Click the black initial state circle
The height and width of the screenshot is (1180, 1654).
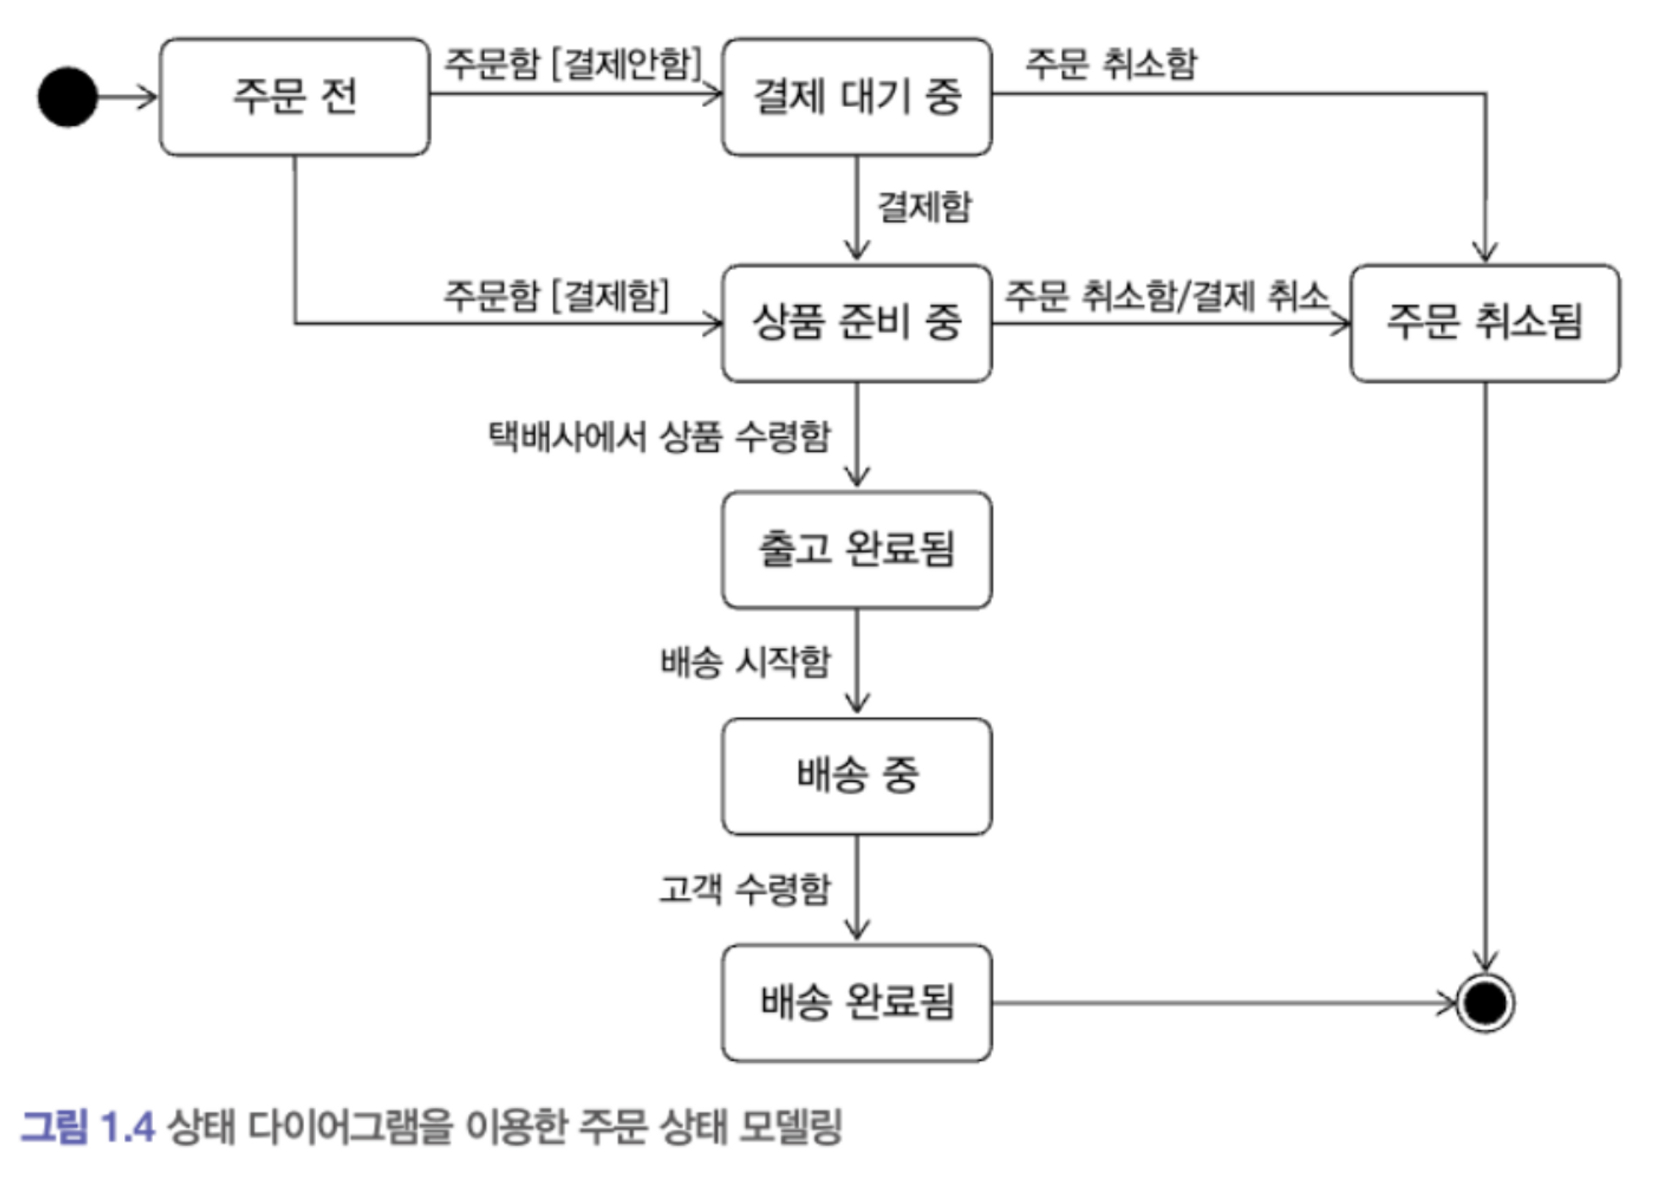point(68,97)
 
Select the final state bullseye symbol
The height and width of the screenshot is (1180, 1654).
point(1484,1003)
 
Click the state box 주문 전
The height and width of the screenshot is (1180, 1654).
point(294,97)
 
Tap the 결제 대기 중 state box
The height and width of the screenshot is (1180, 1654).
point(857,97)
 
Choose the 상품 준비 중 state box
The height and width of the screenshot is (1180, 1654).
point(857,323)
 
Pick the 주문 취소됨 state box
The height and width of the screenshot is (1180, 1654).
point(1484,323)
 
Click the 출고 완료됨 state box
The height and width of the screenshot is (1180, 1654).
point(857,549)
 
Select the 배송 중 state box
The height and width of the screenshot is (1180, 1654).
point(857,776)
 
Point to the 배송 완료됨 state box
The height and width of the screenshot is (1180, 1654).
point(857,1003)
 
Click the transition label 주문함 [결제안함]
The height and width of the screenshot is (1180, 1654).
point(572,63)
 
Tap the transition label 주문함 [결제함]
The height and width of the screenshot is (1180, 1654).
point(556,295)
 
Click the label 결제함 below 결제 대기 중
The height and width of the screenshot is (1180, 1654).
point(924,207)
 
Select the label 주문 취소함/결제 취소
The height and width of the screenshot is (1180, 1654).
point(1166,295)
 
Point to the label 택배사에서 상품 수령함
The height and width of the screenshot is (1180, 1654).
point(659,436)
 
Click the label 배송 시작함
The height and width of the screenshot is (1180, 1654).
point(745,662)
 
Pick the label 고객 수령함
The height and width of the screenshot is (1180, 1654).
point(745,889)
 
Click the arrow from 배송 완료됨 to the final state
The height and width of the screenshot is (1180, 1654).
point(1224,1003)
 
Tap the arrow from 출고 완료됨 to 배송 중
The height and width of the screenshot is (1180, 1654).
point(857,662)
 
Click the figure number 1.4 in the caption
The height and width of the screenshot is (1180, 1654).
point(127,1127)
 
